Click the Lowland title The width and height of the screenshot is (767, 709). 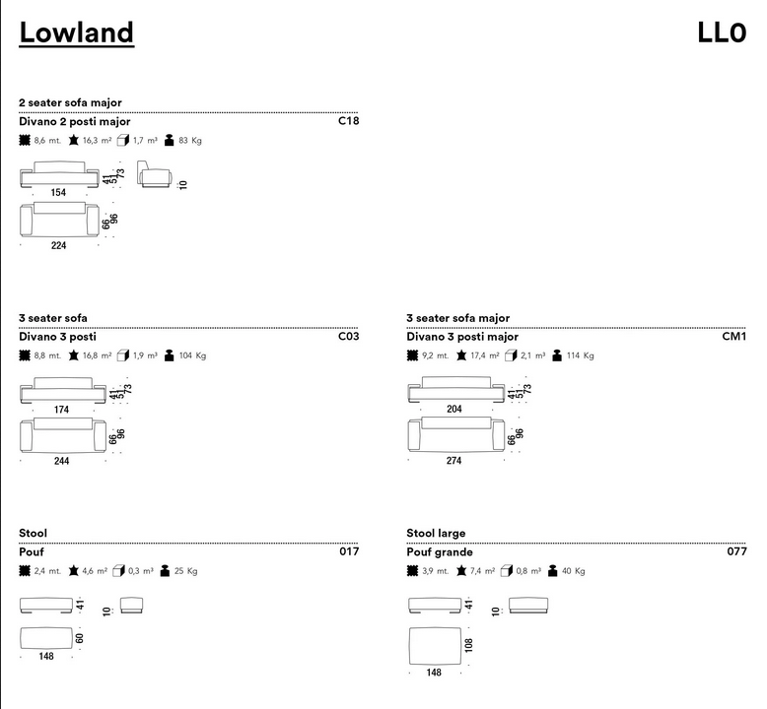[76, 32]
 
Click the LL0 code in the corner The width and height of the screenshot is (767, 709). [722, 32]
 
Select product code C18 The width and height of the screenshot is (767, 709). [348, 121]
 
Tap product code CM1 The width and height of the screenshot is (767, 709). [734, 336]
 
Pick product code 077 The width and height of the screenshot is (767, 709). [736, 551]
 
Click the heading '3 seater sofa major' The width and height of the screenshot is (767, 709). [457, 318]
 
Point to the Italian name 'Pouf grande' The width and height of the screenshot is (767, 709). [440, 552]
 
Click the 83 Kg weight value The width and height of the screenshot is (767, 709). [190, 141]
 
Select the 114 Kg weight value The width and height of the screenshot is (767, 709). [580, 355]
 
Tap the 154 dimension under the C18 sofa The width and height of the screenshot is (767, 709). [58, 193]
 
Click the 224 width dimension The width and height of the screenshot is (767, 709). [59, 246]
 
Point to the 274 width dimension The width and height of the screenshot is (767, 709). [453, 461]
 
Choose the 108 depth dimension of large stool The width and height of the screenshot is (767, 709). [469, 645]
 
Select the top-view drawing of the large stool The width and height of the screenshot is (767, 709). [436, 646]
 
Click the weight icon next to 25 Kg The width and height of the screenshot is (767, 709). [165, 571]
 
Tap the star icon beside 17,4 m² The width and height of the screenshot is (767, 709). [461, 355]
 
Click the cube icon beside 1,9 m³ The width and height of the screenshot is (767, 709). [123, 355]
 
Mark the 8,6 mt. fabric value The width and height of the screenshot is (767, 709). [47, 141]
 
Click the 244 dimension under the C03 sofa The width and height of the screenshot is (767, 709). [62, 461]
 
